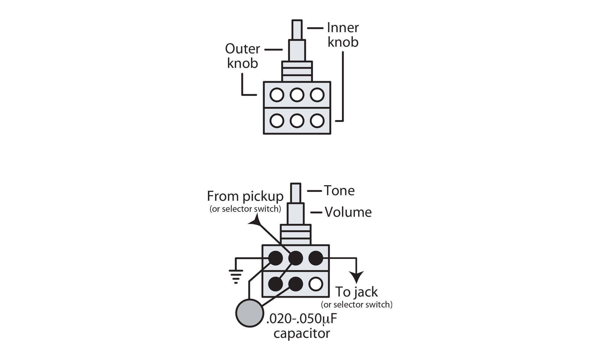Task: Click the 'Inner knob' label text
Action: coord(343,35)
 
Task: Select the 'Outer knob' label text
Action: coord(242,56)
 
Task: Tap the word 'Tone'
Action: coord(339,191)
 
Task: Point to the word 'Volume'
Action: coord(348,212)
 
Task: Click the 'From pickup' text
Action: coord(245,196)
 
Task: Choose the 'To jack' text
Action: coord(356,292)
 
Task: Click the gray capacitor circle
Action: coord(250,313)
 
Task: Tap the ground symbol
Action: coord(236,276)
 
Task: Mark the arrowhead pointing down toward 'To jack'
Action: coord(356,277)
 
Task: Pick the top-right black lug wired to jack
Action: coord(316,258)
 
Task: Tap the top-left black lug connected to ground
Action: coord(275,258)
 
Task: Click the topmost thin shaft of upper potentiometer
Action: coord(297,29)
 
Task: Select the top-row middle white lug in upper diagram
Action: coord(297,95)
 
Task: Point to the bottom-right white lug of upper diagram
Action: coord(317,121)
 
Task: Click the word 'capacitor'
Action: coord(301,334)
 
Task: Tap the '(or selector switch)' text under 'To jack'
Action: coord(356,305)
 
